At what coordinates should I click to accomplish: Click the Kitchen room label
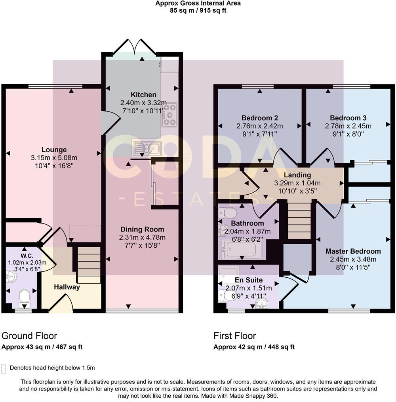pos(143,95)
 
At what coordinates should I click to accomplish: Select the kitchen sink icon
pos(147,148)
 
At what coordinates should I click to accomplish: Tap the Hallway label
pos(67,287)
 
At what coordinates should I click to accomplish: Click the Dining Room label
pos(142,229)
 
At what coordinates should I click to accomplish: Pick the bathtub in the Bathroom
pos(241,249)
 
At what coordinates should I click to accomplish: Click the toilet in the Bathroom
pos(227,214)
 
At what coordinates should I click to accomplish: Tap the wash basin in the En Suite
pos(261,303)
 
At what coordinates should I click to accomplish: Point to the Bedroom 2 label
pos(259,118)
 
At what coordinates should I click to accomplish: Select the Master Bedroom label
pos(353,251)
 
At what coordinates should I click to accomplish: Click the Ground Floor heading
pos(29,336)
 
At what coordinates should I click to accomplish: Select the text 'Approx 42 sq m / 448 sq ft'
pos(254,347)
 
